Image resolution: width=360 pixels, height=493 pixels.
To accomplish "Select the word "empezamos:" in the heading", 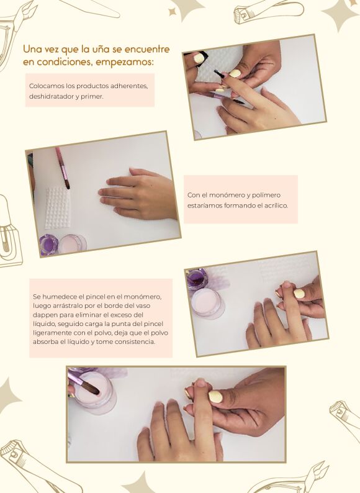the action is (x=125, y=62).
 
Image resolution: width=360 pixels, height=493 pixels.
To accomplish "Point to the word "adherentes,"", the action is (x=129, y=86).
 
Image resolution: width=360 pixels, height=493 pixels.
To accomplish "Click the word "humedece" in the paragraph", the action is (x=56, y=297).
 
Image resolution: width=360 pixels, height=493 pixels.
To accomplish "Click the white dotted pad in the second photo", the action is (x=58, y=208).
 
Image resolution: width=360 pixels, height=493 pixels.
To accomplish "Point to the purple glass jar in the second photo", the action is (x=48, y=244).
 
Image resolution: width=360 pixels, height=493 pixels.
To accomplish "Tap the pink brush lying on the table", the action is (x=63, y=168).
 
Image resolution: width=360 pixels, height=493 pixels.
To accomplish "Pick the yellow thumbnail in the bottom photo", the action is (x=215, y=396).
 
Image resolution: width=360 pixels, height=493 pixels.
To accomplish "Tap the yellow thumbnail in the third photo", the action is (x=299, y=294).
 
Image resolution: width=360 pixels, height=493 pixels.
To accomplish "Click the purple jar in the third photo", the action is (x=197, y=279).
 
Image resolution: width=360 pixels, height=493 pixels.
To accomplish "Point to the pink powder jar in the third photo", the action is (x=207, y=304).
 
